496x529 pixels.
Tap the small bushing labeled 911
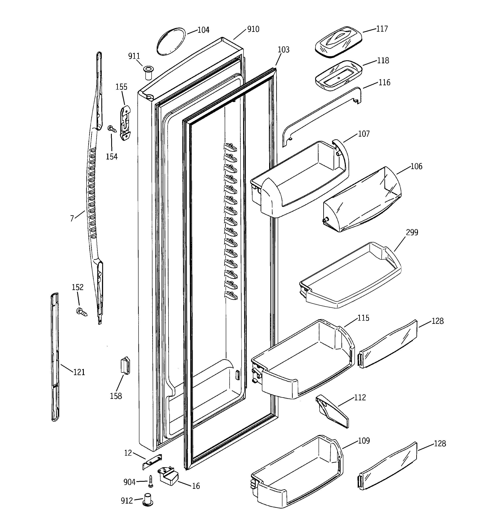coord(148,72)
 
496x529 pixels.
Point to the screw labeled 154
coord(112,129)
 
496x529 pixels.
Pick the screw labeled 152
coord(81,312)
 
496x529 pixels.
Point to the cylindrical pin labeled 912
coord(148,500)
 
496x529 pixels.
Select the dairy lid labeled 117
coord(338,41)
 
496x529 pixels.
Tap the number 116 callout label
coord(384,83)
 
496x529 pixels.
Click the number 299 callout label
coord(412,232)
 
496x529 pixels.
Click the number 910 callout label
coord(253,29)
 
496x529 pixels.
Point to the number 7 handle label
coord(72,218)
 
